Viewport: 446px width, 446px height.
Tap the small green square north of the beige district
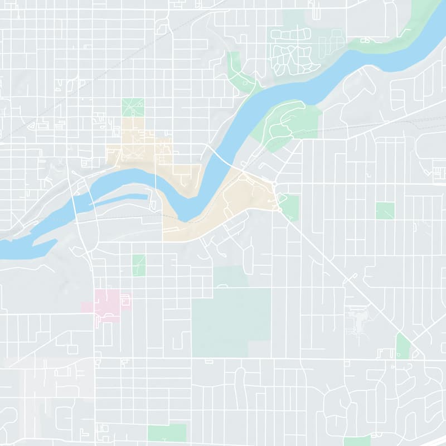[133, 107]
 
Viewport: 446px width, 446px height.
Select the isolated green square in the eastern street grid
[385, 211]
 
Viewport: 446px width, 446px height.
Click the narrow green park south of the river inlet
[139, 265]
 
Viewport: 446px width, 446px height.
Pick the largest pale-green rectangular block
[231, 322]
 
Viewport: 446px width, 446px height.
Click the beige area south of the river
[234, 206]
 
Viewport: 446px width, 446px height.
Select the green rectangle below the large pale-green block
[167, 432]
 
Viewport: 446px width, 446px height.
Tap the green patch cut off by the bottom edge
[357, 441]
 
